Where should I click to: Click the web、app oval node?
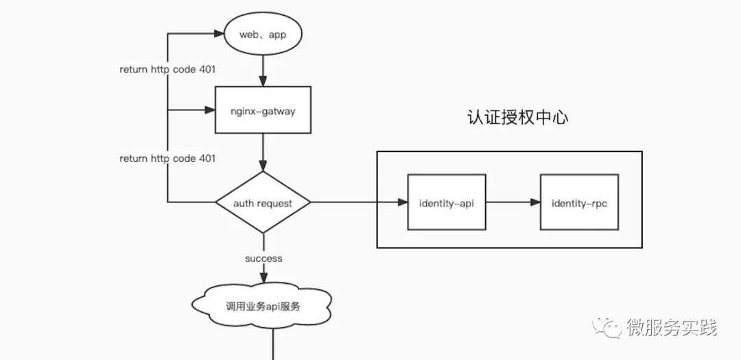[263, 34]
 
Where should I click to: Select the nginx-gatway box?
[263, 110]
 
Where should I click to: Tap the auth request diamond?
[263, 202]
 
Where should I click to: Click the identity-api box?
[447, 202]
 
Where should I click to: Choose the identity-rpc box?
[579, 202]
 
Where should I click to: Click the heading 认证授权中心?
[517, 117]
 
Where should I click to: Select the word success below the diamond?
[263, 259]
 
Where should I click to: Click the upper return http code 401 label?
[167, 69]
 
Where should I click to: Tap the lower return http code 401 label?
[167, 158]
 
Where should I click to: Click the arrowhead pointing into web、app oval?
[219, 34]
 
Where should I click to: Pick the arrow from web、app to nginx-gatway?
[263, 69]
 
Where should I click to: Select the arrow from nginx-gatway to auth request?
[263, 152]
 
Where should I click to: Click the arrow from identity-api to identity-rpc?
[513, 202]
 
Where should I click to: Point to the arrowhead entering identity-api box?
[402, 202]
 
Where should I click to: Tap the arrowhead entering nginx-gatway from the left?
[210, 110]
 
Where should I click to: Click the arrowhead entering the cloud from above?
[263, 278]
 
